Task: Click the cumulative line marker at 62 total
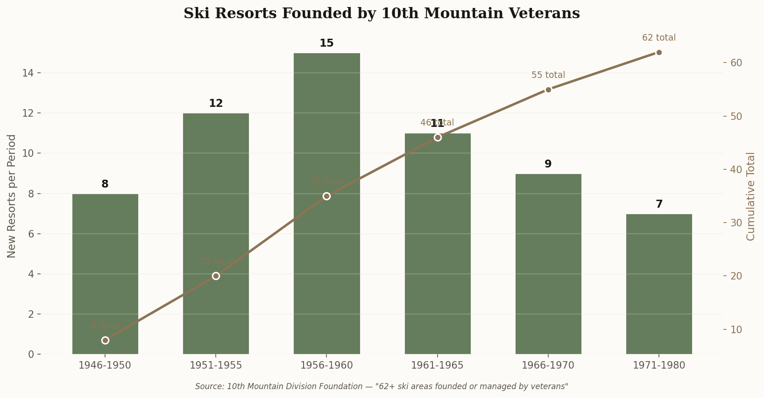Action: pyautogui.click(x=659, y=52)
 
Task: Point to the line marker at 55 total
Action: pyautogui.click(x=548, y=90)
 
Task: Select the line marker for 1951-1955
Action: pyautogui.click(x=216, y=276)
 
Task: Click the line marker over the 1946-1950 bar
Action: pyautogui.click(x=105, y=340)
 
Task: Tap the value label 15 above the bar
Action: pyautogui.click(x=326, y=43)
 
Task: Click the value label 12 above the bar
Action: pyautogui.click(x=216, y=104)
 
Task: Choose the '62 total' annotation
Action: pyautogui.click(x=658, y=38)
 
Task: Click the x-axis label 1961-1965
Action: pyautogui.click(x=437, y=365)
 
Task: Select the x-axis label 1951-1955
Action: pyautogui.click(x=216, y=365)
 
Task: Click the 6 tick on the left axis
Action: pyautogui.click(x=31, y=234)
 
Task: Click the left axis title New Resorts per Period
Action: pyautogui.click(x=12, y=196)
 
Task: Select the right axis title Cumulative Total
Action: pyautogui.click(x=750, y=196)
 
